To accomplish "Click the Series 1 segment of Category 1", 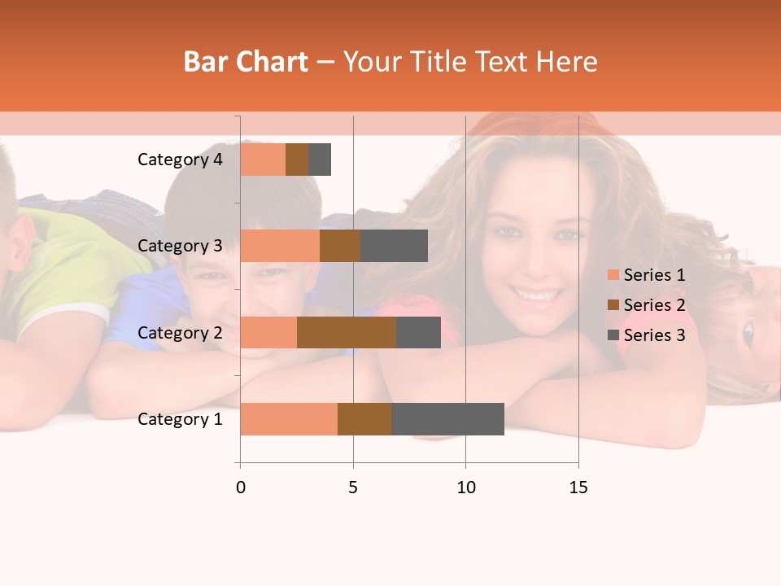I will [289, 419].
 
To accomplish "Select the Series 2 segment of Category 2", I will [347, 333].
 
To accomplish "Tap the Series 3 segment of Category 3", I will [394, 246].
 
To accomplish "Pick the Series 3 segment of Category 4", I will [320, 160].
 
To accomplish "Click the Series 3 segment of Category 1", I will [447, 419].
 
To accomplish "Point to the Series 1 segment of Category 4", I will [263, 160].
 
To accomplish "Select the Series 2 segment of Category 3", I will [340, 246].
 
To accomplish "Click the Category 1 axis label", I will [180, 419].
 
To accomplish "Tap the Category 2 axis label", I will [180, 333].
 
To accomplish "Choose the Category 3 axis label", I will [180, 246].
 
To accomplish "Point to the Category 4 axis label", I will [180, 160].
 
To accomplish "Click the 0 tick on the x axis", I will [241, 488].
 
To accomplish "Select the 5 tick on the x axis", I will [353, 488].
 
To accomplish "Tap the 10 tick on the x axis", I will [465, 488].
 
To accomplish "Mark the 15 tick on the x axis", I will [578, 488].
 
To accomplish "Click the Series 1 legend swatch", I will [613, 275].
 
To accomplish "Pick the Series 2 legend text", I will [654, 305].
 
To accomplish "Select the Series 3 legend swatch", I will [613, 335].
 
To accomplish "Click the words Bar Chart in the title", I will [245, 62].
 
